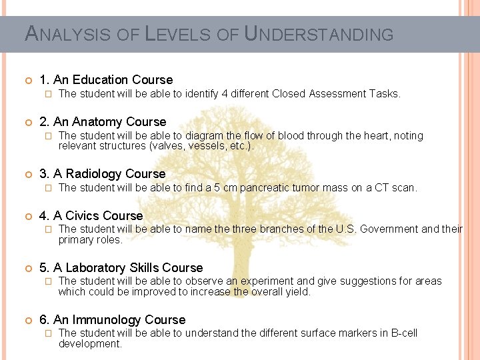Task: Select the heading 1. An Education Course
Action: click(x=106, y=80)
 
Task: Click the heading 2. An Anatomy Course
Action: click(x=103, y=121)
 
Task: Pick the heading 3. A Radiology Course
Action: click(x=103, y=174)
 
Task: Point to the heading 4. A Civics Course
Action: click(x=91, y=215)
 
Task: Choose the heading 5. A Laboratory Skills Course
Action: click(x=121, y=268)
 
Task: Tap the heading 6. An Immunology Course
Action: click(x=113, y=320)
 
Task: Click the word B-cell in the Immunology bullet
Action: click(x=401, y=333)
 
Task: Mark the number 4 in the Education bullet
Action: click(x=225, y=94)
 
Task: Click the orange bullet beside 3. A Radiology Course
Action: click(x=28, y=175)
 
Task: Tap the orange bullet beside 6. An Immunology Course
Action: click(x=28, y=321)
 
